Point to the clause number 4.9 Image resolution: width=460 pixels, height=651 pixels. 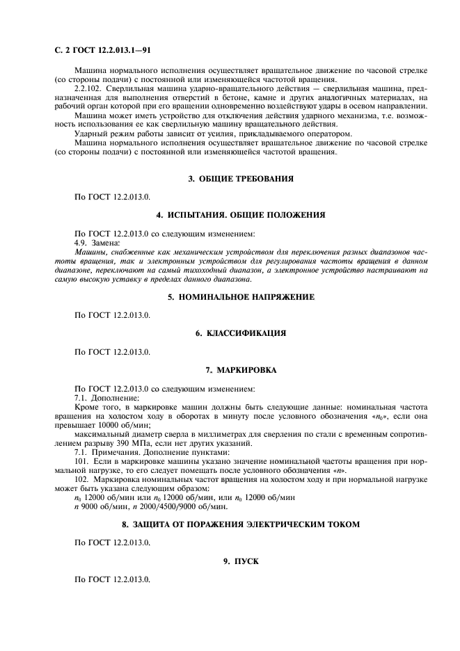click(x=82, y=242)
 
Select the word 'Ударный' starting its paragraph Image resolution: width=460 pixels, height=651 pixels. click(x=92, y=134)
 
